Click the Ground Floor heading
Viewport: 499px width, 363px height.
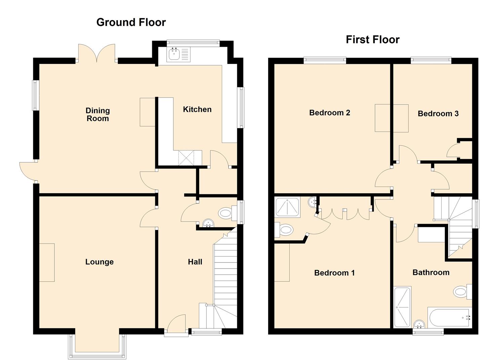[x=131, y=22]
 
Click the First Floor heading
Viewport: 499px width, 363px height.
[x=372, y=40]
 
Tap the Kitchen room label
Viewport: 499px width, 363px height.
[x=197, y=109]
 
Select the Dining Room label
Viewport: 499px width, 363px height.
[x=97, y=114]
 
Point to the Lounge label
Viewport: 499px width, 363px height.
[x=99, y=262]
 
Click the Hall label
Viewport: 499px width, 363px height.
[x=195, y=262]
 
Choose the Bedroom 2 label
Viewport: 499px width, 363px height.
[x=329, y=113]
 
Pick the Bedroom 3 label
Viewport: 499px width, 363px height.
[x=438, y=114]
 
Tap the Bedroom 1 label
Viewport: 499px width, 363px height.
[x=334, y=273]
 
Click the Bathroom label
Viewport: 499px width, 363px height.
[x=431, y=272]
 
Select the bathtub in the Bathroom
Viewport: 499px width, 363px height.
[x=449, y=318]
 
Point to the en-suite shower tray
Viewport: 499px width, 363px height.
[x=288, y=207]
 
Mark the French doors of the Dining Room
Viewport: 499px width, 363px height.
[x=97, y=54]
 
